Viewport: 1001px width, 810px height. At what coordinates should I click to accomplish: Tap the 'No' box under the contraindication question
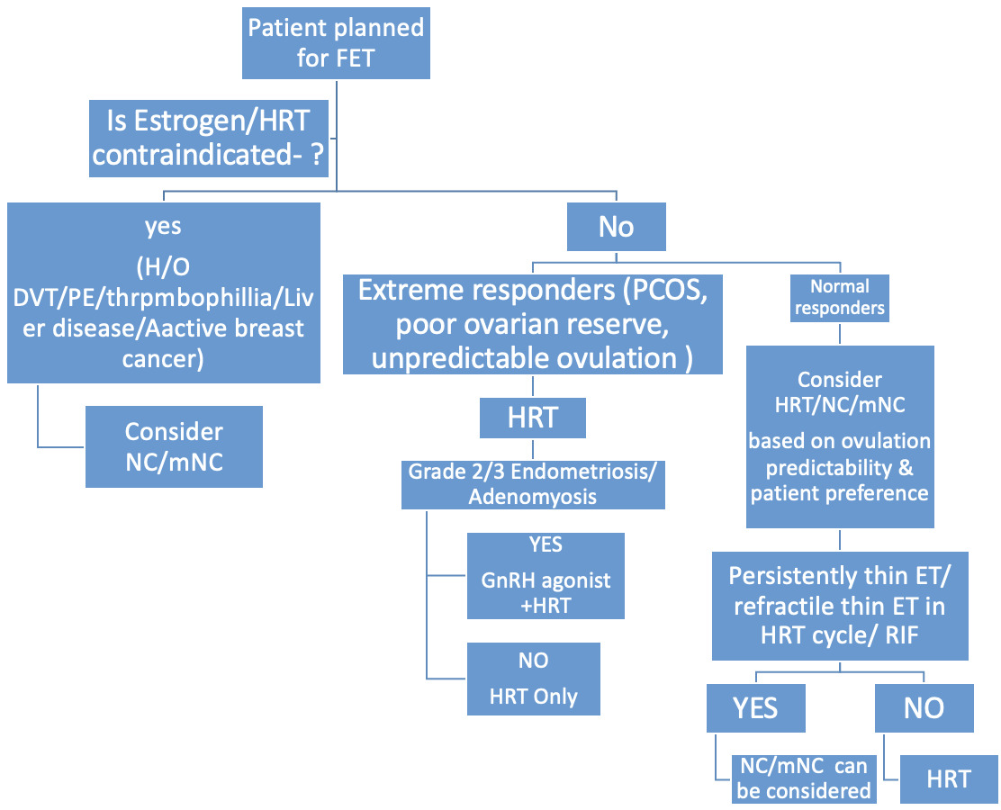(616, 227)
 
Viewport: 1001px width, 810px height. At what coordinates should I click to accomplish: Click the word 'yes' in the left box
(163, 226)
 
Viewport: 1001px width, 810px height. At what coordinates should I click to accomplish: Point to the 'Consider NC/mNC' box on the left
(174, 446)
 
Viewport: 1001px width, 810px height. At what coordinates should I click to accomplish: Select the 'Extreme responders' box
(533, 325)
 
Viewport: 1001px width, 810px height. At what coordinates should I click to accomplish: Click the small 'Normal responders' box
(839, 298)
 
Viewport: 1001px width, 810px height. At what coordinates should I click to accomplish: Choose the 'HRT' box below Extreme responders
(533, 418)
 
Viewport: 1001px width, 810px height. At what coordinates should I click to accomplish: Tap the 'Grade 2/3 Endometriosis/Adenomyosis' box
(533, 483)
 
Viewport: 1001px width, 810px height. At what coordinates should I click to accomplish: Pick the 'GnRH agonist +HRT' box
(546, 576)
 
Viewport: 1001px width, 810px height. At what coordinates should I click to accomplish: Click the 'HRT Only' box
(534, 679)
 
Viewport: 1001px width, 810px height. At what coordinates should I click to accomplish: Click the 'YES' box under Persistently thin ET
(754, 707)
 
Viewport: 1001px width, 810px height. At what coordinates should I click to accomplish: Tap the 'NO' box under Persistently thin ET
(924, 707)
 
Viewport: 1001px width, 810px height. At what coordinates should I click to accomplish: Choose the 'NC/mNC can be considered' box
(803, 778)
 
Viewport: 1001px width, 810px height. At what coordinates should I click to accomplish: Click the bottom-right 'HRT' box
(949, 778)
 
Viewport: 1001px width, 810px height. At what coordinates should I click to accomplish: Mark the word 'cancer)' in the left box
(163, 359)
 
